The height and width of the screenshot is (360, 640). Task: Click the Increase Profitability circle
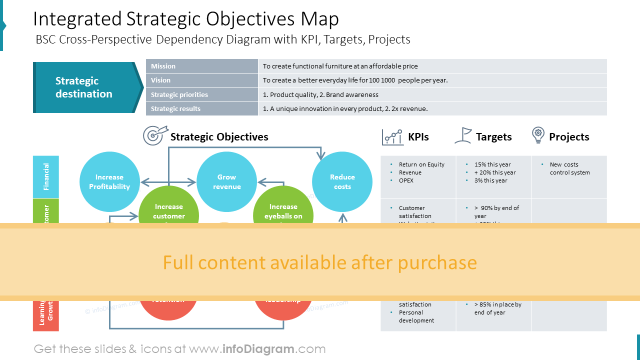109,181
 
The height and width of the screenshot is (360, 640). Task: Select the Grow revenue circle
226,181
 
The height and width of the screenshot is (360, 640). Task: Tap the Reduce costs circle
342,181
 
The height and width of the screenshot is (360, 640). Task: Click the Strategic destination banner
84,87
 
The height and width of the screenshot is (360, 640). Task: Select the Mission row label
163,66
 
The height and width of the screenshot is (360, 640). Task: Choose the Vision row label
161,80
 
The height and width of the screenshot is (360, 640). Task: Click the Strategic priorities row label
179,94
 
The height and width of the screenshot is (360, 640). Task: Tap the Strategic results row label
175,108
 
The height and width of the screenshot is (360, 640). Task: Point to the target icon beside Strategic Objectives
153,135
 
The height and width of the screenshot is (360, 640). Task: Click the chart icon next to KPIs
392,136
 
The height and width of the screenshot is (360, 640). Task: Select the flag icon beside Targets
463,135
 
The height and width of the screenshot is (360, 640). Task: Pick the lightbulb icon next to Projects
538,135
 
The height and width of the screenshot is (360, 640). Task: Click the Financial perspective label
46,176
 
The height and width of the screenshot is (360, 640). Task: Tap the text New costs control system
569,168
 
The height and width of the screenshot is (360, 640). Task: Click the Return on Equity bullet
421,164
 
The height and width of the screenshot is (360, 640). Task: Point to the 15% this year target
492,164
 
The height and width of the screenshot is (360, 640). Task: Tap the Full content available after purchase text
320,262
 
